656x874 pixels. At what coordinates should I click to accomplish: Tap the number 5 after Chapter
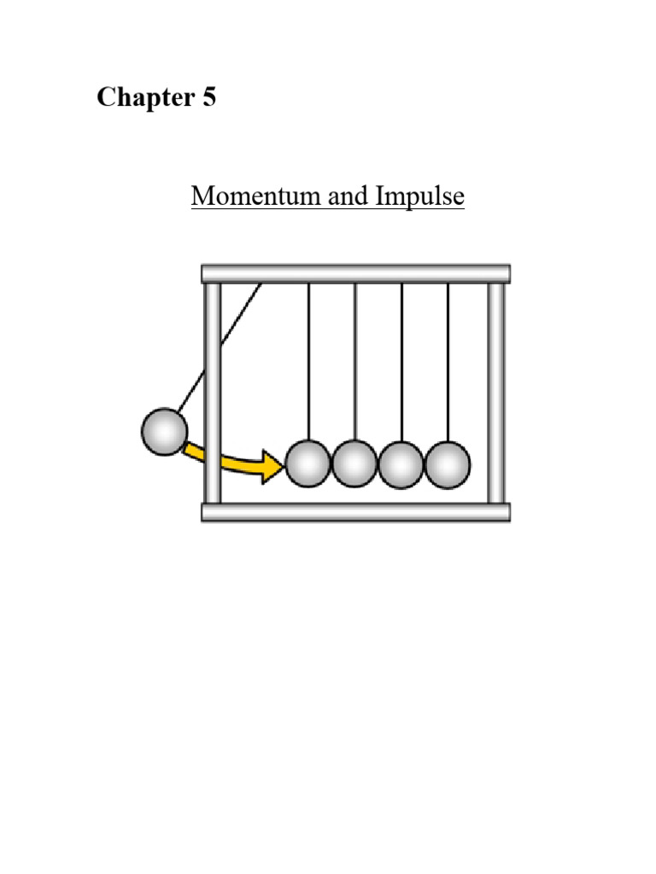pyautogui.click(x=209, y=98)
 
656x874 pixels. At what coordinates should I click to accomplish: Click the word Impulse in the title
pyautogui.click(x=419, y=196)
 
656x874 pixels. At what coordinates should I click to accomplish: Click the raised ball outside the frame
pyautogui.click(x=164, y=432)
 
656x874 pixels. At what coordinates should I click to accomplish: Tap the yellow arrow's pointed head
pyautogui.click(x=275, y=467)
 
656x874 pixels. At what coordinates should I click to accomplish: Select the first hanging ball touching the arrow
pyautogui.click(x=308, y=464)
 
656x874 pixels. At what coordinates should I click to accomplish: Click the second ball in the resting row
pyautogui.click(x=354, y=464)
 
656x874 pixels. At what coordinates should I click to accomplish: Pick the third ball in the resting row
pyautogui.click(x=401, y=464)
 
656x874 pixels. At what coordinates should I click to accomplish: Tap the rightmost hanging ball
pyautogui.click(x=448, y=464)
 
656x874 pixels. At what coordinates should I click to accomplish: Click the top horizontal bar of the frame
pyautogui.click(x=355, y=273)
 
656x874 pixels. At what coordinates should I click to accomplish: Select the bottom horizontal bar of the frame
pyautogui.click(x=355, y=512)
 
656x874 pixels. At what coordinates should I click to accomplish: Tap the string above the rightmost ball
pyautogui.click(x=448, y=358)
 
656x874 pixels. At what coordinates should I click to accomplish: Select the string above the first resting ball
pyautogui.click(x=308, y=358)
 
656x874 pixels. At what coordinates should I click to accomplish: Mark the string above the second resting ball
pyautogui.click(x=354, y=358)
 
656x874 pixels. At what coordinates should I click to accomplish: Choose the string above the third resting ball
pyautogui.click(x=401, y=358)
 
